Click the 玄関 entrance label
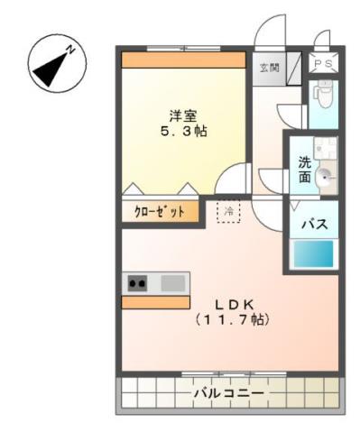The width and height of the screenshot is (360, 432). pos(269,68)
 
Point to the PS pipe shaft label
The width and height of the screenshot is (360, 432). pos(322,63)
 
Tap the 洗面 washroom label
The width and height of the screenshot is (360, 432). pos(306,170)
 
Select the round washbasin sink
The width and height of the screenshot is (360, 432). pos(325,178)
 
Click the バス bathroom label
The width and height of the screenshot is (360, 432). pos(313,225)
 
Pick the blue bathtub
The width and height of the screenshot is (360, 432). pos(313,254)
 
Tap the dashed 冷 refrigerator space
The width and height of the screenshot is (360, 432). pos(228,211)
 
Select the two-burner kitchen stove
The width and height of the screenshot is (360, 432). pos(137,283)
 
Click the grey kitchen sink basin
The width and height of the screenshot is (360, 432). pos(172,283)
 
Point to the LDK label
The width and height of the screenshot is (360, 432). pos(233,304)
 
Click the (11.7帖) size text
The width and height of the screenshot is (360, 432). pos(233,319)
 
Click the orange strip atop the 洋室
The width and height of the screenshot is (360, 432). pos(183,60)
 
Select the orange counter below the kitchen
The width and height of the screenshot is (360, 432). pos(156,302)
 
